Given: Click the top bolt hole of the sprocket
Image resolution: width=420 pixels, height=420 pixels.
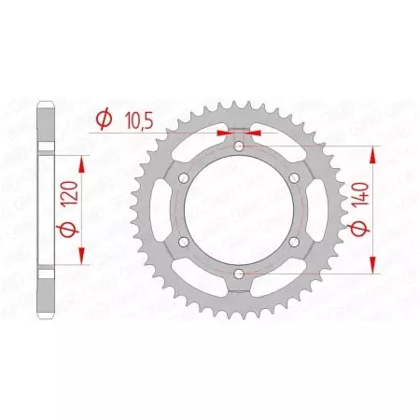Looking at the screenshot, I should point(239,147).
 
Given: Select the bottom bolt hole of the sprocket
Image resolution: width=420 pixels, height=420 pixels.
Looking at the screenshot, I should point(239,273).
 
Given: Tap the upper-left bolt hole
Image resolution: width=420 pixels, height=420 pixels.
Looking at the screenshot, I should point(185,178).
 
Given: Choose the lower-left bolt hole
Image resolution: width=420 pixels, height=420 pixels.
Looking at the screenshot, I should point(185,241).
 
